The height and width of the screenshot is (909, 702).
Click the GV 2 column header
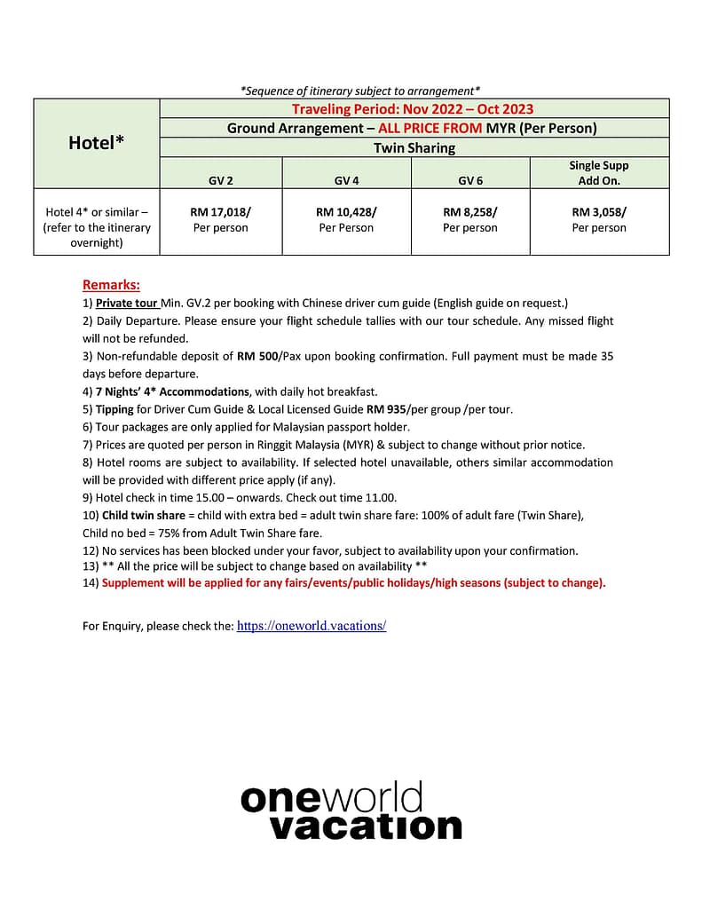pyautogui.click(x=221, y=180)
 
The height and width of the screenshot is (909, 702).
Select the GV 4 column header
pyautogui.click(x=346, y=180)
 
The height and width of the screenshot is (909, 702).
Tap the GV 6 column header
pyautogui.click(x=469, y=180)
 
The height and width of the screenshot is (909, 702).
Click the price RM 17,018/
pyautogui.click(x=220, y=212)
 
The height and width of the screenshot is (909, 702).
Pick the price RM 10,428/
pyautogui.click(x=346, y=212)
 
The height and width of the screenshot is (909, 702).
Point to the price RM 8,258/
pyautogui.click(x=469, y=212)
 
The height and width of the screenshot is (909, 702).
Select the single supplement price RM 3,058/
pyautogui.click(x=599, y=212)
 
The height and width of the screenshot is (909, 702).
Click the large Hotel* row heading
pyautogui.click(x=96, y=142)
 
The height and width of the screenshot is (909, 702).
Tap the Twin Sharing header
pyautogui.click(x=414, y=147)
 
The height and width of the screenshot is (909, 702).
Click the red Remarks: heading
pyautogui.click(x=111, y=285)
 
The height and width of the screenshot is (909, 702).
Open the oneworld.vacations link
pyautogui.click(x=311, y=626)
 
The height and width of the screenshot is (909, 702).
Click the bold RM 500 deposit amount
pyautogui.click(x=257, y=356)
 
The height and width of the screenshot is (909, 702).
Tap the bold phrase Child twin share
pyautogui.click(x=144, y=516)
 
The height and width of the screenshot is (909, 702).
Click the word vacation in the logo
pyautogui.click(x=365, y=826)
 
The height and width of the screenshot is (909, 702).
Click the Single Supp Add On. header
pyautogui.click(x=599, y=172)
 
